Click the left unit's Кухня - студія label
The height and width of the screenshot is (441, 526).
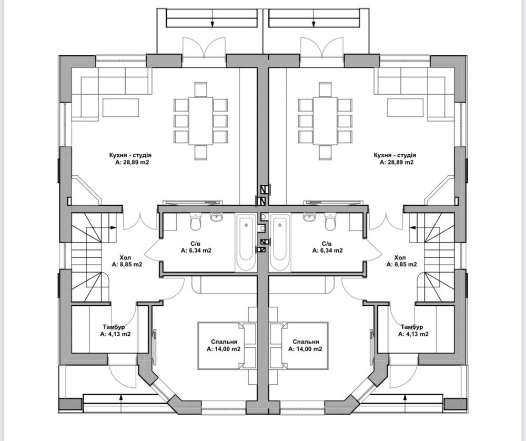pyautogui.click(x=130, y=155)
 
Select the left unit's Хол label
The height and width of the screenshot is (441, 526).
pyautogui.click(x=126, y=258)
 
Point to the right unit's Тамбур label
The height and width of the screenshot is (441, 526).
pyautogui.click(x=412, y=327)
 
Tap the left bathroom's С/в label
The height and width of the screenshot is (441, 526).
pyautogui.click(x=196, y=243)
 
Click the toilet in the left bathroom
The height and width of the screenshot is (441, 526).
pyautogui.click(x=196, y=222)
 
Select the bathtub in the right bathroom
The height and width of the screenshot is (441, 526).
pyautogui.click(x=279, y=242)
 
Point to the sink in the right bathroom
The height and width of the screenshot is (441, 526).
pyautogui.click(x=310, y=217)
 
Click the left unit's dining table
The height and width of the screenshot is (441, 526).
pyautogui.click(x=201, y=121)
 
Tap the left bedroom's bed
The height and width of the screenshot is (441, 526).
pyautogui.click(x=221, y=346)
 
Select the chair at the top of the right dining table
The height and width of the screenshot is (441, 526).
pyautogui.click(x=325, y=89)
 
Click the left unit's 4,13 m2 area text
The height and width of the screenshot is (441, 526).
pyautogui.click(x=115, y=334)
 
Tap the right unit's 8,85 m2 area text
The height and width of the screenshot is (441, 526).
pyautogui.click(x=401, y=265)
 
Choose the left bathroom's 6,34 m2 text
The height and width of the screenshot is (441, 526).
pyautogui.click(x=196, y=250)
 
